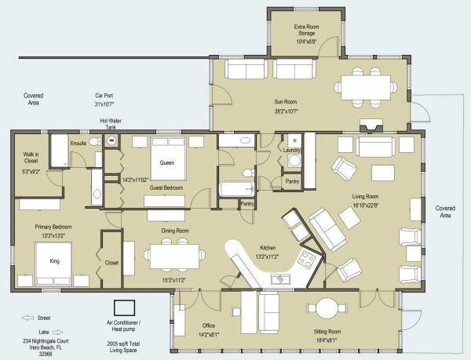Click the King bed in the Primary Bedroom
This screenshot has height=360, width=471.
(x=53, y=264)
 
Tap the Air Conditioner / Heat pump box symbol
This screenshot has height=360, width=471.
(x=124, y=307)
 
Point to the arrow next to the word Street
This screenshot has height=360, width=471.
(x=27, y=318)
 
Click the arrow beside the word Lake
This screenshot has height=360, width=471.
(x=57, y=332)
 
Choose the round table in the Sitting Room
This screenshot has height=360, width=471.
(x=327, y=308)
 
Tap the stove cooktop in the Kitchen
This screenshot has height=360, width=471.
(x=307, y=259)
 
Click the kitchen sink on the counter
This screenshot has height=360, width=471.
(x=280, y=279)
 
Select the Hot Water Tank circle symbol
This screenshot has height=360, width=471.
(x=111, y=140)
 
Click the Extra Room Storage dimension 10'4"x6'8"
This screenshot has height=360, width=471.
(x=306, y=42)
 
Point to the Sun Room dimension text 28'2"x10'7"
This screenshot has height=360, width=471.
(x=286, y=111)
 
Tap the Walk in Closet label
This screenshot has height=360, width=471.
(x=31, y=158)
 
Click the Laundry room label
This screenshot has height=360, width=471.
(x=292, y=150)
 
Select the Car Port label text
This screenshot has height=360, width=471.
(x=104, y=96)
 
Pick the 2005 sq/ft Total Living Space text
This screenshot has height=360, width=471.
(x=123, y=347)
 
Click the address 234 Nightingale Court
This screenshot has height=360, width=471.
(x=46, y=341)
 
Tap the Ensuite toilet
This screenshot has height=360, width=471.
(x=96, y=141)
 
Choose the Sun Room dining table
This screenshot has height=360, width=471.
(x=366, y=88)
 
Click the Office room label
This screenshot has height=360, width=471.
(x=209, y=325)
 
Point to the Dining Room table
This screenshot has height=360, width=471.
(x=174, y=256)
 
